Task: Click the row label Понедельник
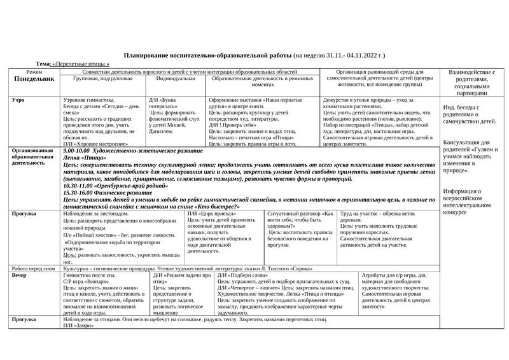[x=34, y=80]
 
